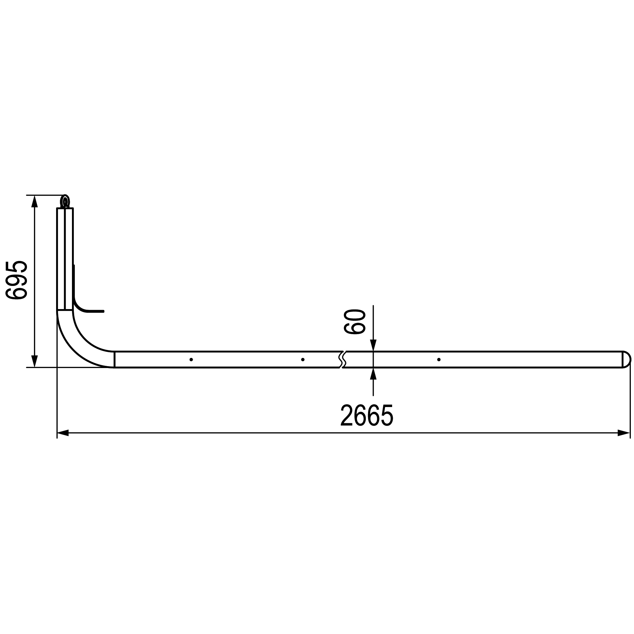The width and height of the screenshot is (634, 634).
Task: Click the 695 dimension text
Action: (16, 280)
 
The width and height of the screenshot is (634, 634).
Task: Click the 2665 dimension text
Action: (366, 416)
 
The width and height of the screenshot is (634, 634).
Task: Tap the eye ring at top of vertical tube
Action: (65, 201)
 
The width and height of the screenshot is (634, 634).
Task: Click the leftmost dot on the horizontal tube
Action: (191, 360)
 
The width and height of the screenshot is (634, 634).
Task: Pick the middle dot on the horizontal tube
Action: (302, 360)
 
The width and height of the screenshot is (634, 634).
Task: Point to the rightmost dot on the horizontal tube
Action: (439, 360)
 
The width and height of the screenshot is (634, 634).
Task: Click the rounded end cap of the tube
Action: (626, 359)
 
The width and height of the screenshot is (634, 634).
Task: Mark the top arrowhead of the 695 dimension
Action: (35, 202)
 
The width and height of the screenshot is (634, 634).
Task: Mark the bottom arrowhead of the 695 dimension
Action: (35, 361)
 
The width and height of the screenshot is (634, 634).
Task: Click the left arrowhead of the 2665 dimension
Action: (63, 433)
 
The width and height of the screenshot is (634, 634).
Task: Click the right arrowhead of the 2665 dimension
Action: (623, 433)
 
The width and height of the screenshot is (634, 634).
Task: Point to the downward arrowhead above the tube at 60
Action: (373, 345)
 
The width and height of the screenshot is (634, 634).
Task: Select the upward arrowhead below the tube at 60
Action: (373, 374)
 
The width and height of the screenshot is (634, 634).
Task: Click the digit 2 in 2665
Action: (346, 416)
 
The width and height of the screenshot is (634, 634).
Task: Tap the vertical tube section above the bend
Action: (65, 259)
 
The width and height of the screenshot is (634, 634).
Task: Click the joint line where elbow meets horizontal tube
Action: (114, 359)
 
